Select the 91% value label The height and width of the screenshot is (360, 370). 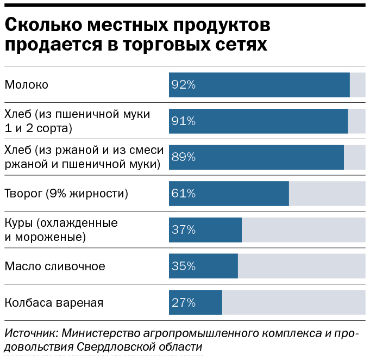[183, 121]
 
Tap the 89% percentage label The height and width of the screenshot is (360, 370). [183, 157]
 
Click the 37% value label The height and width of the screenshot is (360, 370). [183, 230]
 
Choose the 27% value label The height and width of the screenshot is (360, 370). [183, 302]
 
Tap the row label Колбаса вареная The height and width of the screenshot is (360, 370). [54, 302]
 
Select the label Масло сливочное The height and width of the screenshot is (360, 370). [55, 266]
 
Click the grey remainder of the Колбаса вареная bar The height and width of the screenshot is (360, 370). [293, 302]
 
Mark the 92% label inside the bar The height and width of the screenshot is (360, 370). [183, 85]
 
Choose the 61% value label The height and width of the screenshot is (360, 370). [183, 194]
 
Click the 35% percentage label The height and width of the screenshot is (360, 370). [183, 266]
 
